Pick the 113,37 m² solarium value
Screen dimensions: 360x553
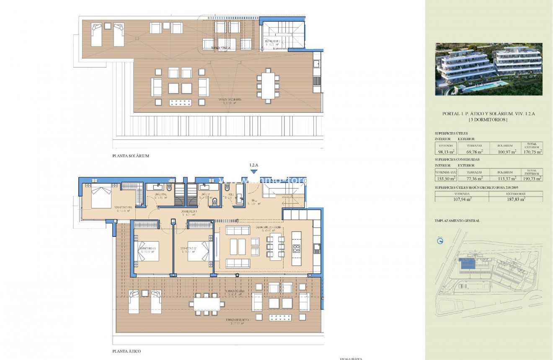(x=506, y=178)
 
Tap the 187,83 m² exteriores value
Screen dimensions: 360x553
(x=515, y=199)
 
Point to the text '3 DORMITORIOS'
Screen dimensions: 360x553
(x=488, y=120)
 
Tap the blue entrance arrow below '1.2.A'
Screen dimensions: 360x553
(x=253, y=171)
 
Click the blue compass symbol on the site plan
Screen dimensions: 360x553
(x=440, y=241)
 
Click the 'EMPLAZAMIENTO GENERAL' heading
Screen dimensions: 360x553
(x=457, y=220)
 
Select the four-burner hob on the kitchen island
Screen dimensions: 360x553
(x=296, y=248)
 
